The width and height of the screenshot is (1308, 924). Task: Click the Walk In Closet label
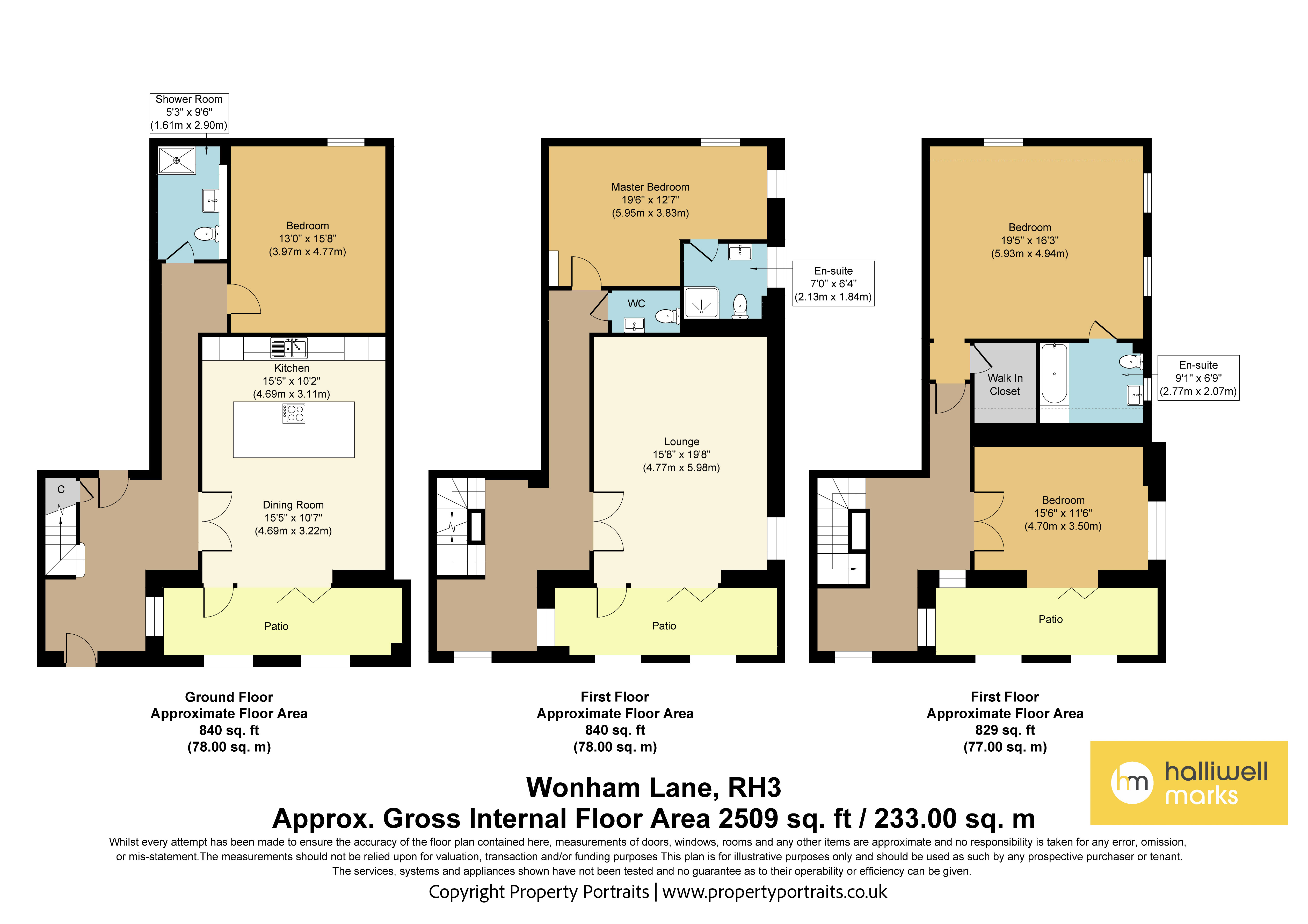(x=1005, y=385)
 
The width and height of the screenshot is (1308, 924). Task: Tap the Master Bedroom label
(x=650, y=187)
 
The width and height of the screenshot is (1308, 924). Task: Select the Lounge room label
(x=681, y=442)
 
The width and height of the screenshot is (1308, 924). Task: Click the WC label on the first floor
(x=636, y=304)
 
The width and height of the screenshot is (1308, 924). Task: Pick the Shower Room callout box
(x=189, y=113)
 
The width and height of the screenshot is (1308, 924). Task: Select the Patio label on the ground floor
(x=276, y=626)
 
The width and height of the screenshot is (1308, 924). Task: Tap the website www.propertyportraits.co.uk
(x=775, y=892)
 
